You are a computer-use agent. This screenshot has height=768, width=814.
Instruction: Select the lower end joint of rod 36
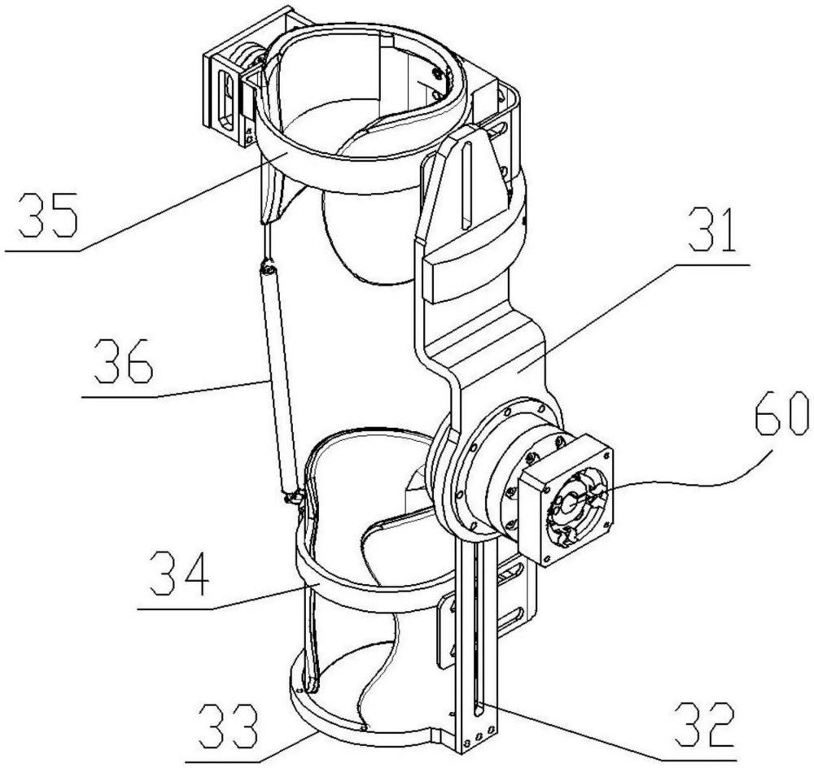(291, 493)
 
